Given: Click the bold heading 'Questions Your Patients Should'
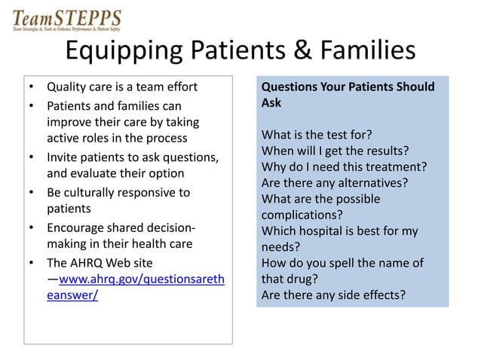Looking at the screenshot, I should tap(348, 87).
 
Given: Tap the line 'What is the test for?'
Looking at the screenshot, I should tap(316, 136).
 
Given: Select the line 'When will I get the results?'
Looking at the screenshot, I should tap(335, 151).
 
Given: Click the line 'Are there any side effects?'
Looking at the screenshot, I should tap(333, 294).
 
